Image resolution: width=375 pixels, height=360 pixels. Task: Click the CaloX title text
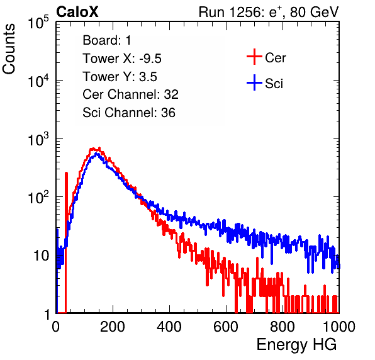click(77, 12)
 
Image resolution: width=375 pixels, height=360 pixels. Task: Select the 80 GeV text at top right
click(314, 12)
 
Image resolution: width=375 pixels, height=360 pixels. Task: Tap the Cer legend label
click(275, 58)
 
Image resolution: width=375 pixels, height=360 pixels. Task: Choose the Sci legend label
click(274, 84)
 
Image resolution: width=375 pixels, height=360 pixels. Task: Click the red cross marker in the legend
click(254, 57)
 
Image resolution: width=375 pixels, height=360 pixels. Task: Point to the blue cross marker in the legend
click(254, 82)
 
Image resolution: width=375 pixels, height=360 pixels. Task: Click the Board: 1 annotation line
click(107, 40)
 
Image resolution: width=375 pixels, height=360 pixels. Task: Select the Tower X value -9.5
click(150, 59)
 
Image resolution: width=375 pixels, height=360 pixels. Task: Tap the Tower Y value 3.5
click(148, 77)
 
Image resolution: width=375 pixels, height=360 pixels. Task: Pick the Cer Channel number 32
click(171, 94)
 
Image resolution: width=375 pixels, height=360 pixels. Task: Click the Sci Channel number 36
click(168, 113)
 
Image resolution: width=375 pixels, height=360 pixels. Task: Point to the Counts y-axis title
click(9, 49)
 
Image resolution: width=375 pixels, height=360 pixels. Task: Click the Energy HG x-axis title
click(296, 345)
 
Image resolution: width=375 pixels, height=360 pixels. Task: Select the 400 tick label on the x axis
click(169, 327)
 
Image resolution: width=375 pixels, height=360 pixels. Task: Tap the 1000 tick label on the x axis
click(339, 327)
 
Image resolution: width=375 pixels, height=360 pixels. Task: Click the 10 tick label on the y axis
click(41, 256)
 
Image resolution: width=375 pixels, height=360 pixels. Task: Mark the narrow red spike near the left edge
click(66, 242)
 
